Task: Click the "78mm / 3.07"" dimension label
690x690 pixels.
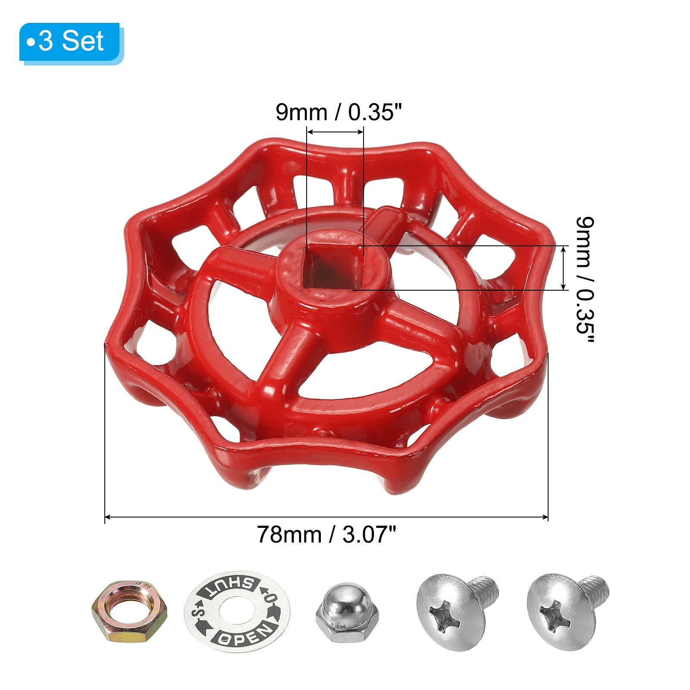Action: pyautogui.click(x=326, y=535)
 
